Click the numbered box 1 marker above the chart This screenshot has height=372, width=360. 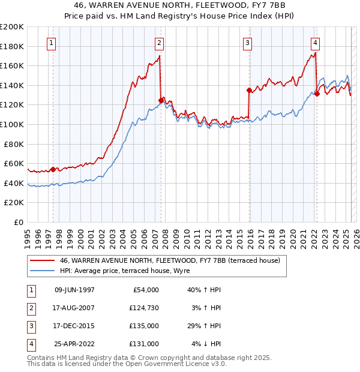pyautogui.click(x=52, y=43)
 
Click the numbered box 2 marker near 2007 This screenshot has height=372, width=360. pyautogui.click(x=159, y=43)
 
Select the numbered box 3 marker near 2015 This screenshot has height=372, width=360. pyautogui.click(x=247, y=43)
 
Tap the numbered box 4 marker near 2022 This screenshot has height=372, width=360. pyautogui.click(x=315, y=43)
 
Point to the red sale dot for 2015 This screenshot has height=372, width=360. pyautogui.click(x=248, y=90)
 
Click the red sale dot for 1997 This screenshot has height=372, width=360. pyautogui.click(x=53, y=169)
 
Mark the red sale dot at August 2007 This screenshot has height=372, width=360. pyautogui.click(x=161, y=100)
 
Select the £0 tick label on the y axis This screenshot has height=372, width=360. pyautogui.click(x=19, y=222)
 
